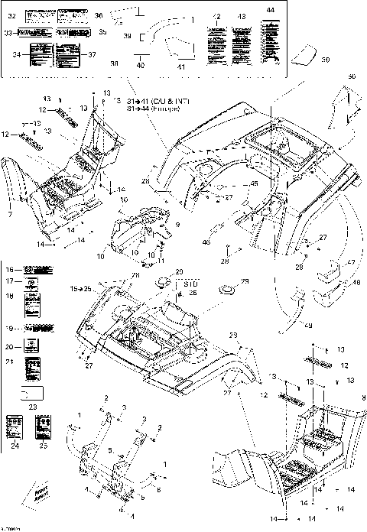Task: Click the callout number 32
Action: point(11,15)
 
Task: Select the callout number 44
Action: point(269,8)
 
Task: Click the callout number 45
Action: point(254,184)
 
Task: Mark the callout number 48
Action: point(356,283)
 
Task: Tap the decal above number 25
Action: point(44,425)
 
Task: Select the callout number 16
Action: point(10,270)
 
